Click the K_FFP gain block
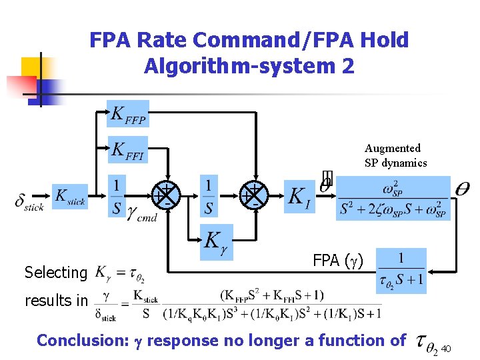(128, 114)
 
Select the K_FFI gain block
(128, 151)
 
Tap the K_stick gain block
(70, 197)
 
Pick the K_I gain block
(298, 197)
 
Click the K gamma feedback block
(217, 241)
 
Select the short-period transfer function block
(393, 198)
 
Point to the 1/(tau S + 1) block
(401, 269)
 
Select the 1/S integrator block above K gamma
(209, 196)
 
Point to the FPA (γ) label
(338, 260)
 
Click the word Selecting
(56, 272)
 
